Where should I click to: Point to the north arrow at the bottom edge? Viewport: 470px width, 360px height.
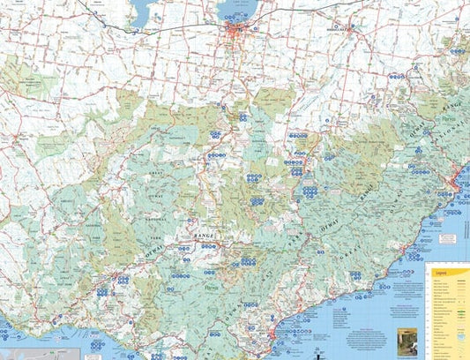click(x=316, y=352)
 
